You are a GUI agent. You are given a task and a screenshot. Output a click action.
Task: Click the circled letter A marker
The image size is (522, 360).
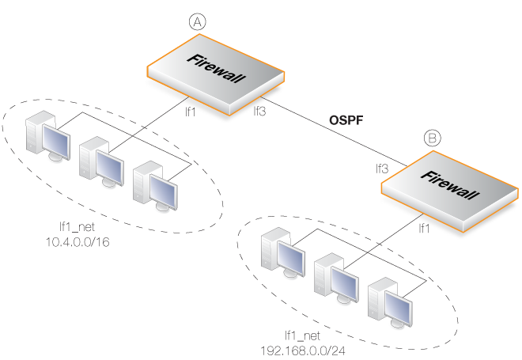click(198, 22)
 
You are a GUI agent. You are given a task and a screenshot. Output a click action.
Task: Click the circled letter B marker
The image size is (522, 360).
click(433, 138)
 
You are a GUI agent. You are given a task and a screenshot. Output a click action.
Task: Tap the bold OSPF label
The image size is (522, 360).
click(346, 120)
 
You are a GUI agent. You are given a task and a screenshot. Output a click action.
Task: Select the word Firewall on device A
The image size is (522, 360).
click(216, 68)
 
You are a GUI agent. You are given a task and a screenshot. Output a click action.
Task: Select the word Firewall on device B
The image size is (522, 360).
click(450, 185)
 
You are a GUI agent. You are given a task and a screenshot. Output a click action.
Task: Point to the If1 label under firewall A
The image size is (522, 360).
click(191, 112)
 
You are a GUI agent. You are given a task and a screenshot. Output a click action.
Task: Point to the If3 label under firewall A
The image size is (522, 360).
click(259, 111)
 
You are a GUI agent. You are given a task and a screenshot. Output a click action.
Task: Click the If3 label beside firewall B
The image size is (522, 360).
click(382, 169)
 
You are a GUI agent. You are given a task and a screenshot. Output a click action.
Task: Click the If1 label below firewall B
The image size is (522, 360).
click(424, 228)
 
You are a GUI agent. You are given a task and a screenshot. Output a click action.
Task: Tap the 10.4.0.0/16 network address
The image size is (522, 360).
click(78, 242)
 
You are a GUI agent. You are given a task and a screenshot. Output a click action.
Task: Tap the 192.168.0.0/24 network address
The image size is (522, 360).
click(303, 351)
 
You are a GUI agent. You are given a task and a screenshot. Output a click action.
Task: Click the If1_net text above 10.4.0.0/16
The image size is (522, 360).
click(77, 227)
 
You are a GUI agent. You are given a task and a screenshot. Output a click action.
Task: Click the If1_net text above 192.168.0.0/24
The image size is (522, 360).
click(303, 335)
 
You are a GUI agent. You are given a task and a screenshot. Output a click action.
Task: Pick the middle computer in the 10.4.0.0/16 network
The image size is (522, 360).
click(101, 161)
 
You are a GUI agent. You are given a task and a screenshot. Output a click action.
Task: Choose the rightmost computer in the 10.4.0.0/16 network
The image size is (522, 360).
click(155, 186)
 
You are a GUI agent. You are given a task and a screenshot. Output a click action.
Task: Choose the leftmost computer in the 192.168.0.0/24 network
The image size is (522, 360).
click(283, 252)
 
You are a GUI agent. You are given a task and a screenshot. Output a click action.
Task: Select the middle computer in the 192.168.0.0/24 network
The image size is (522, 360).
click(337, 278)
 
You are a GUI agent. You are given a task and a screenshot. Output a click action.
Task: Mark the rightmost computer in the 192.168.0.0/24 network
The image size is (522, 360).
click(390, 302)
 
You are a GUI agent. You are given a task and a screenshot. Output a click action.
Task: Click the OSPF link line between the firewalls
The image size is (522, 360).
click(334, 131)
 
